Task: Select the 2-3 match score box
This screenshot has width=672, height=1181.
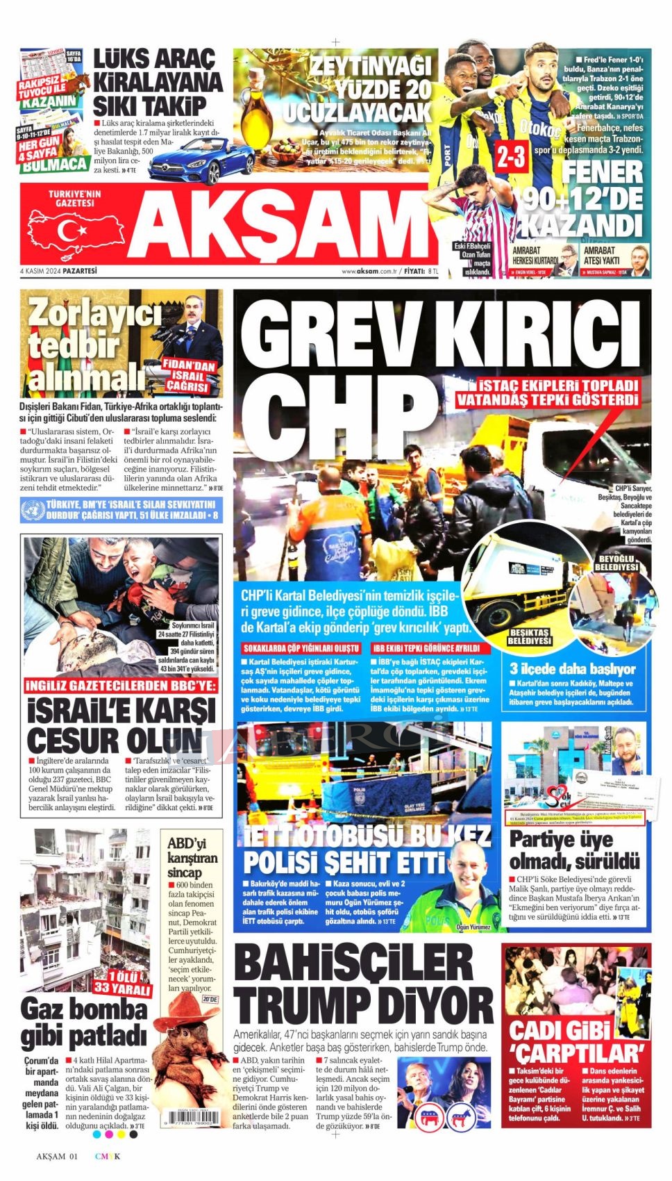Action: click(510, 158)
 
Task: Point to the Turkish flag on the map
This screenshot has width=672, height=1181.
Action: click(68, 230)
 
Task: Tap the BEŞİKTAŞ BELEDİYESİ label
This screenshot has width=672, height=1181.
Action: click(529, 636)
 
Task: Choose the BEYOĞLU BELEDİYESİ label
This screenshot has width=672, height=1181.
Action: click(616, 563)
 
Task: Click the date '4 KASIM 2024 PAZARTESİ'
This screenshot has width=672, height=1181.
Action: click(59, 271)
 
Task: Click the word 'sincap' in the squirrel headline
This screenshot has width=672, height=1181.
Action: click(185, 872)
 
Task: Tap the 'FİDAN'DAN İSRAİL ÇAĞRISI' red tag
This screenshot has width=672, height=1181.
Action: click(189, 376)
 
